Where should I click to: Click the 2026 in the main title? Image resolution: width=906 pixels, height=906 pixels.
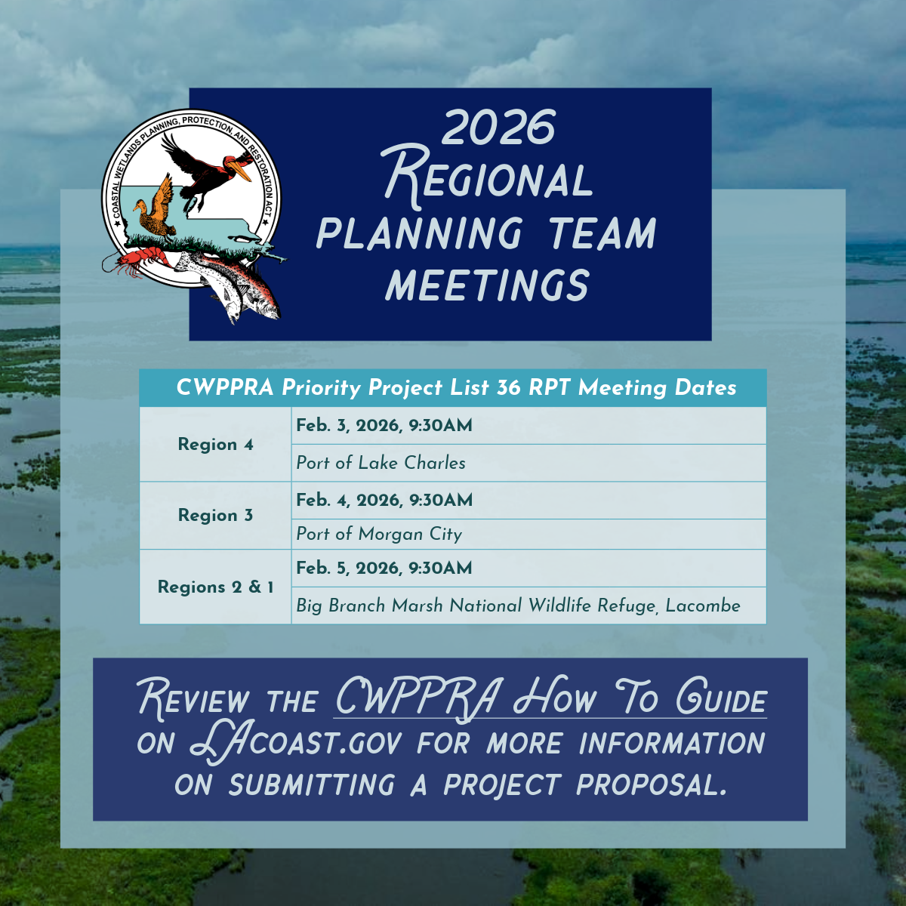[x=498, y=127]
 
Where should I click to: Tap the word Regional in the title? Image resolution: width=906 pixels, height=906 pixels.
[x=487, y=177]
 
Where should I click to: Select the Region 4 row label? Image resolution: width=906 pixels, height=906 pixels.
[x=215, y=444]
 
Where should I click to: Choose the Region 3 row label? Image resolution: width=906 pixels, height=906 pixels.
[x=215, y=516]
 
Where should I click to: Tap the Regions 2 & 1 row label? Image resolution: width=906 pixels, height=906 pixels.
[x=215, y=587]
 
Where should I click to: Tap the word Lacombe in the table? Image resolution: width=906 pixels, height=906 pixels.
[x=703, y=606]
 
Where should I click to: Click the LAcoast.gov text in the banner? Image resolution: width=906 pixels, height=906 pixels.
[x=296, y=744]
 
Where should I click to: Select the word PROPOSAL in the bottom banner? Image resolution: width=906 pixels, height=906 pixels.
[x=652, y=785]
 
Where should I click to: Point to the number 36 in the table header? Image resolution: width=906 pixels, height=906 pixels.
[x=508, y=388]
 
